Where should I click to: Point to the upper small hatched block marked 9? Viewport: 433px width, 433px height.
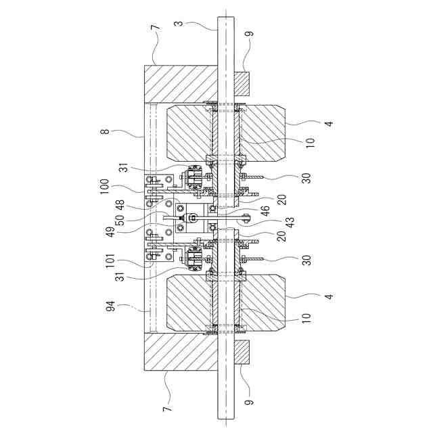pyautogui.click(x=242, y=83)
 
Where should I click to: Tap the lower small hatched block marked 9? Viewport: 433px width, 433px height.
pyautogui.click(x=242, y=352)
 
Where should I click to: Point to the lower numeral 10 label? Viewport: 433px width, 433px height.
pyautogui.click(x=309, y=316)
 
